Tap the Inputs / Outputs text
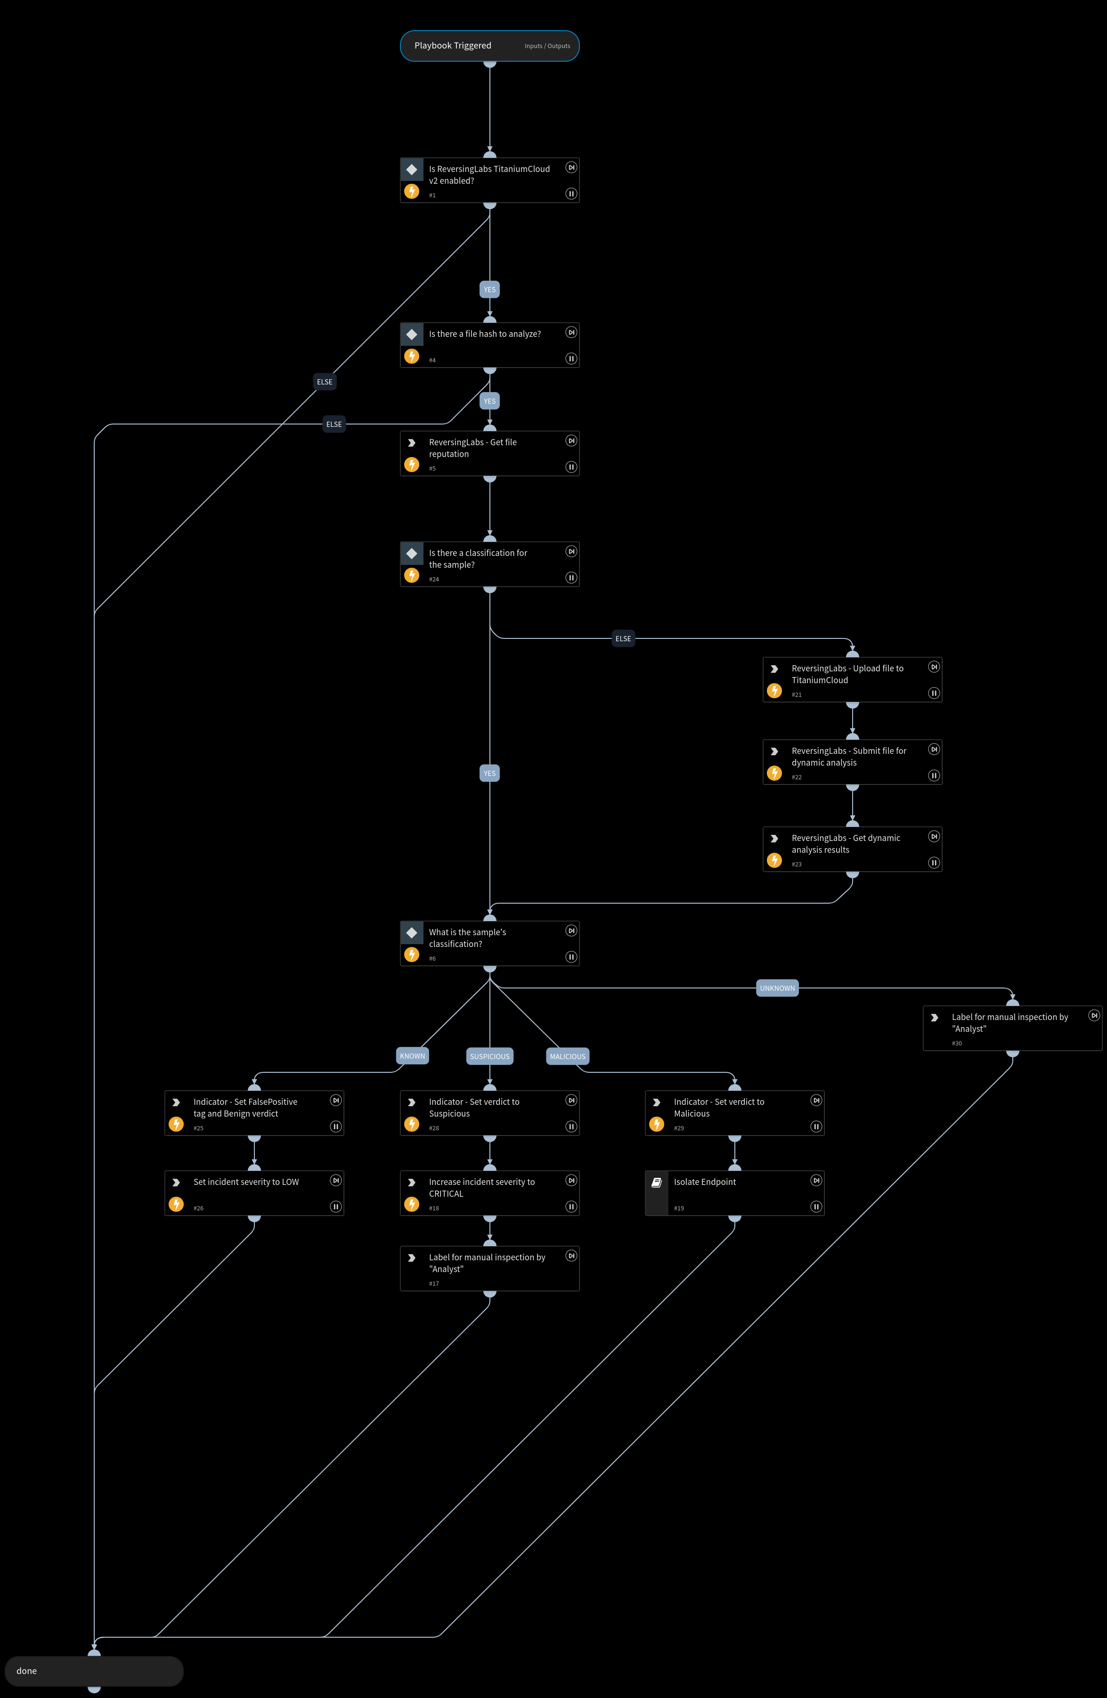[547, 46]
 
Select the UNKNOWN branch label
[777, 988]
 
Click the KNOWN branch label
[412, 1056]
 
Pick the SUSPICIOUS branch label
[489, 1057]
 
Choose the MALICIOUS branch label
[567, 1057]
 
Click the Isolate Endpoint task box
[735, 1193]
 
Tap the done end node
[93, 1671]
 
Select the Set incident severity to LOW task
[254, 1193]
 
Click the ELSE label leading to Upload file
[623, 638]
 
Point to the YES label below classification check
[489, 773]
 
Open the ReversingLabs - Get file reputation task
[489, 453]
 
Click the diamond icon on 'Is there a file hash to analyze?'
[412, 334]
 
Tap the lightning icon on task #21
[774, 691]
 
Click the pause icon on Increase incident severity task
[570, 1207]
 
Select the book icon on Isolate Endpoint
[656, 1182]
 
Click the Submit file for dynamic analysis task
[852, 762]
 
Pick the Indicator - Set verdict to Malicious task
[735, 1112]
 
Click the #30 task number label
[957, 1043]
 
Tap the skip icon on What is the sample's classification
[570, 931]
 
